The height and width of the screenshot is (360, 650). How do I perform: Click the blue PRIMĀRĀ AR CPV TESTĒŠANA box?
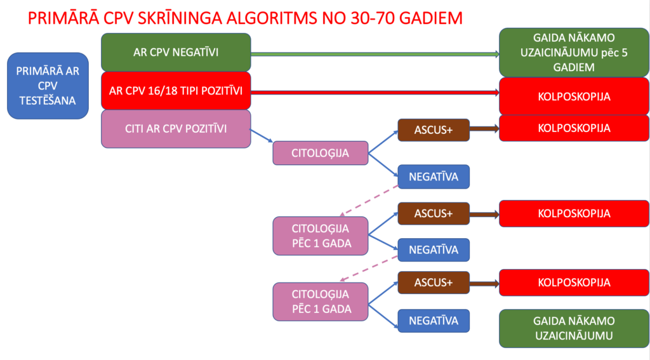[48, 86]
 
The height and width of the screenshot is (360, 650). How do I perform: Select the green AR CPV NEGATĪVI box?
[176, 52]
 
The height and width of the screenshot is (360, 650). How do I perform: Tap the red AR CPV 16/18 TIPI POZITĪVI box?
[176, 90]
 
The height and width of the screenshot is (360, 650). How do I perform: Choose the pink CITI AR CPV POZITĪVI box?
[176, 129]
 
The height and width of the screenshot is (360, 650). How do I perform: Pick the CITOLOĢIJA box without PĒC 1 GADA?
[321, 153]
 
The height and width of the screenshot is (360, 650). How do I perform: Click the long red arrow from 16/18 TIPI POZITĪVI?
[375, 93]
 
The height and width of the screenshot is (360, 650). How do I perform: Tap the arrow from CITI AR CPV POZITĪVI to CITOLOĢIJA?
[262, 136]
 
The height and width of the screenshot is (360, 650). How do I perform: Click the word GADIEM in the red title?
[433, 17]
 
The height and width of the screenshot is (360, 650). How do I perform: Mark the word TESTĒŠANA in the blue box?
[48, 100]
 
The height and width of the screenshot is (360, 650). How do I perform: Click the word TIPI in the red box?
[187, 90]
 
